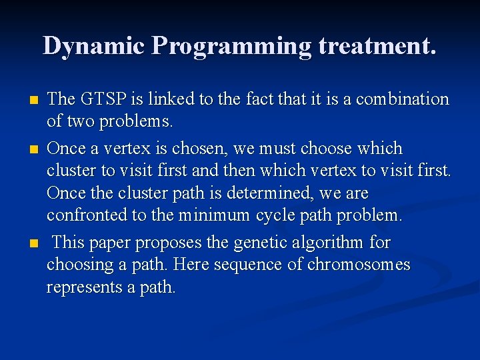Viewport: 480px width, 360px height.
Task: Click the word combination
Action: click(x=403, y=99)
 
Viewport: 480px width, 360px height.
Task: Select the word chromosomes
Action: click(x=359, y=265)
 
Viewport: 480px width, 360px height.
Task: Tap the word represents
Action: click(x=84, y=287)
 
